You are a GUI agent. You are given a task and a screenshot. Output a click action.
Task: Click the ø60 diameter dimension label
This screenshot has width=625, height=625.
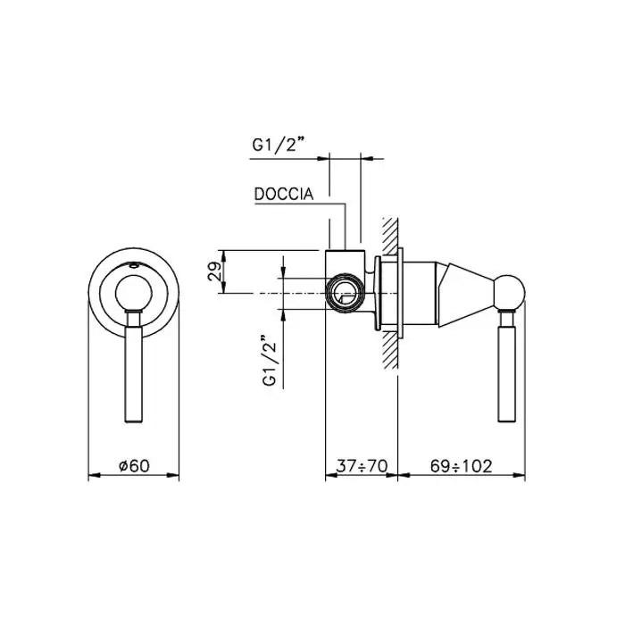click(134, 465)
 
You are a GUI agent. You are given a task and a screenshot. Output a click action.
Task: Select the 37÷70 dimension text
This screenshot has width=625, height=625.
click(362, 465)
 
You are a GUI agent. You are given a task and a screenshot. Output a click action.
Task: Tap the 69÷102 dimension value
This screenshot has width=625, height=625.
click(462, 465)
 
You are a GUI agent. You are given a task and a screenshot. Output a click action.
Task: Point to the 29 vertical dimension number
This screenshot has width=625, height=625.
click(214, 271)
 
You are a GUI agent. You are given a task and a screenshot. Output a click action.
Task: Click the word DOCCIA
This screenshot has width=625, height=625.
click(284, 194)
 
